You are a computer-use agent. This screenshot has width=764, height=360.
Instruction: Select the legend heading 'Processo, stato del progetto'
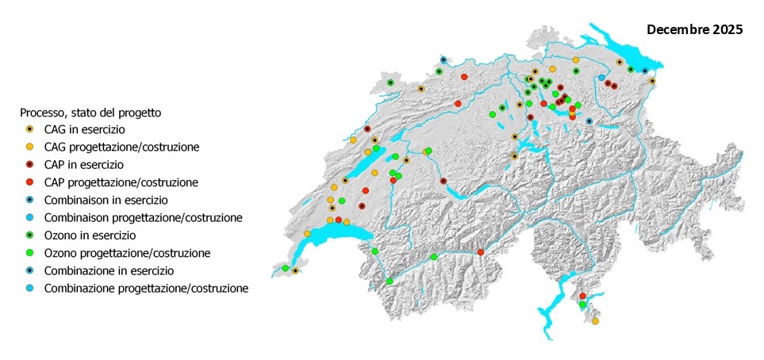pos(90,113)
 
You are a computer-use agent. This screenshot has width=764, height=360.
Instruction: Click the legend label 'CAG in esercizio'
pos(85,129)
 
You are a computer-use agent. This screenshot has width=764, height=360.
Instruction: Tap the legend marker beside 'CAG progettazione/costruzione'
pos(29,147)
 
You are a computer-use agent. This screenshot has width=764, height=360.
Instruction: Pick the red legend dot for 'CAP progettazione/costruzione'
pos(29,182)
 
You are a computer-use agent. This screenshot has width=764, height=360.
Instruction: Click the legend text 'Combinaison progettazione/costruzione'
pos(144,217)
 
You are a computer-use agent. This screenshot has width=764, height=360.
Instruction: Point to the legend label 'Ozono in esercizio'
pos(90,236)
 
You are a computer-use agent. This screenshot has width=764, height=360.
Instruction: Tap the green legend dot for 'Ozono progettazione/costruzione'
pos(29,253)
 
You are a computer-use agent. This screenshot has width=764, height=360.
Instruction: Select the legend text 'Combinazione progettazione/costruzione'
pos(147,289)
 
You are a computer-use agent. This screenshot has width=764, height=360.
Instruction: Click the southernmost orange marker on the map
pos(595,321)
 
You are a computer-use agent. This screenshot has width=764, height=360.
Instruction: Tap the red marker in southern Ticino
pos(582,296)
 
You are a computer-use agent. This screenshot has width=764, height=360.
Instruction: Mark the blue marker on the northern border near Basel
pos(443,60)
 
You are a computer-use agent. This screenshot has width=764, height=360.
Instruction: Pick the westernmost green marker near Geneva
pos(285,268)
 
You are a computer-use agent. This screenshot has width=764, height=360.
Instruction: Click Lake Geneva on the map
pos(333,237)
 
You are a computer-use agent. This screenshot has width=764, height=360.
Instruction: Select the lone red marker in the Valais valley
pos(480,252)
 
